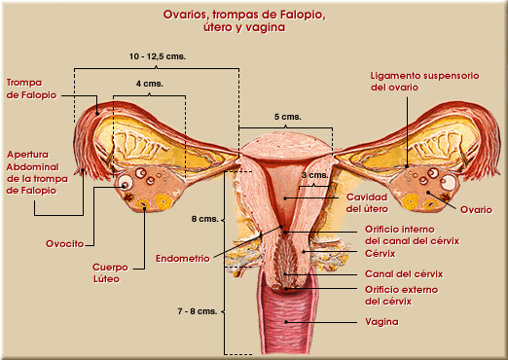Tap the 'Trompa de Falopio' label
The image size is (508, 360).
[x=30, y=89]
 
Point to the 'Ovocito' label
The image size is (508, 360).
[x=64, y=242]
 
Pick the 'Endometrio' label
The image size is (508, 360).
[x=183, y=259]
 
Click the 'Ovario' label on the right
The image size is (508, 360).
[x=476, y=210]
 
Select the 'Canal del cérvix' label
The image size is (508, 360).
[x=399, y=273]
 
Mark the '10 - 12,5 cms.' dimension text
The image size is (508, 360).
[x=157, y=57]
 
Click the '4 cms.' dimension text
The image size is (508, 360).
[x=149, y=84]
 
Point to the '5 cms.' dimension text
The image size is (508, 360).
[x=286, y=116]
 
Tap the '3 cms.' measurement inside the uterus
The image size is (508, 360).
[x=314, y=175]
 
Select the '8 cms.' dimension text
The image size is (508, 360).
[x=203, y=219]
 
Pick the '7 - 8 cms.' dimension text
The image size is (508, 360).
[x=197, y=311]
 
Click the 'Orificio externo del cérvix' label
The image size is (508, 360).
[x=403, y=295]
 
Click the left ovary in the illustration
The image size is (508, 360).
[x=141, y=191]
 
